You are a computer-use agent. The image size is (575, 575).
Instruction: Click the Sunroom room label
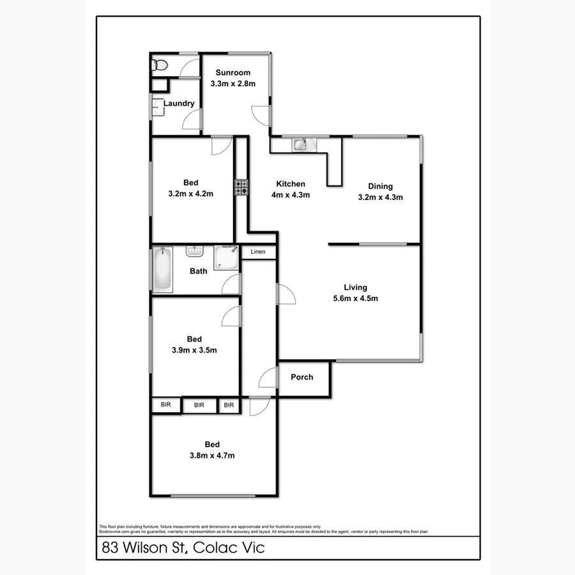[233, 73]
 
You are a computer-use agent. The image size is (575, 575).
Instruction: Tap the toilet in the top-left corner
[159, 64]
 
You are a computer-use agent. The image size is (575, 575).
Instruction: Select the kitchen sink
[301, 145]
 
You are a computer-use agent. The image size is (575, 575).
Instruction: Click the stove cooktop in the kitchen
[241, 187]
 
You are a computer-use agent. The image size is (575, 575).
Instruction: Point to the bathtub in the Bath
[162, 270]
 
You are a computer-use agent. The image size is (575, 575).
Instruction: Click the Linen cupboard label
[258, 252]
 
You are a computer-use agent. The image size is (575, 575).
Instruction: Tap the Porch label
[302, 377]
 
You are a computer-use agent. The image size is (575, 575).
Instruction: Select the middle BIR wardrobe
[199, 405]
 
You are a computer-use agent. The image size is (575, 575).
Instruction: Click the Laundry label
[179, 103]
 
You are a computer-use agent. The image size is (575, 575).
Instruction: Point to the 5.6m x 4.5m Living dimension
[356, 298]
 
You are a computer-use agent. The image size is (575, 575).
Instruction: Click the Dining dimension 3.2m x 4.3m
[380, 197]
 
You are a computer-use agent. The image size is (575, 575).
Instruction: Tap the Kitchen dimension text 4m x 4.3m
[291, 195]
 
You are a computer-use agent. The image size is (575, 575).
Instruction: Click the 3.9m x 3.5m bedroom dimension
[194, 349]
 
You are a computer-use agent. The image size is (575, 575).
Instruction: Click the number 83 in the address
[111, 548]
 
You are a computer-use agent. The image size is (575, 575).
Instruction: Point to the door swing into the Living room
[286, 295]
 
